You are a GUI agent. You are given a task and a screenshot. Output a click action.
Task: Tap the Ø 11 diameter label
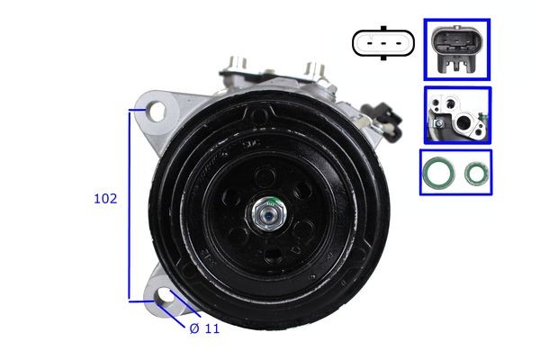pyautogui.click(x=204, y=328)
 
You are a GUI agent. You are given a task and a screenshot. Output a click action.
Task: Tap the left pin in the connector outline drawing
pyautogui.click(x=368, y=42)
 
